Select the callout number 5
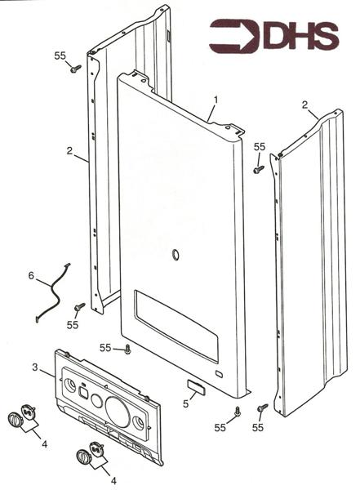[x=186, y=403]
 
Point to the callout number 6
[x=31, y=276]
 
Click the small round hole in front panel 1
[x=173, y=256]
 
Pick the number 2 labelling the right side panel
[x=304, y=105]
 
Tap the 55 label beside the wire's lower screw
[x=73, y=324]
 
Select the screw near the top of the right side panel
[x=258, y=169]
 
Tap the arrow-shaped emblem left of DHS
[x=234, y=36]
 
